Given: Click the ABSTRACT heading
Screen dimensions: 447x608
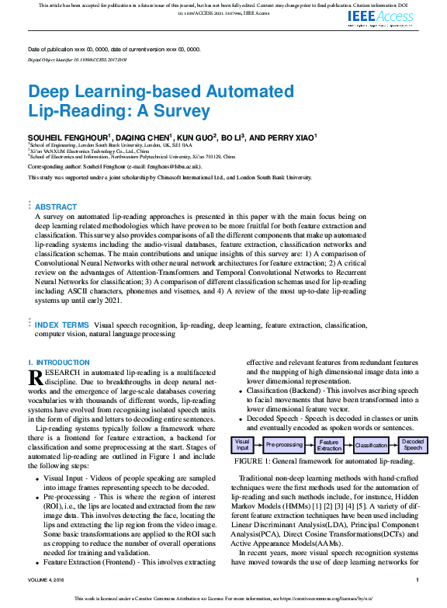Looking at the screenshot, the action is (56, 207).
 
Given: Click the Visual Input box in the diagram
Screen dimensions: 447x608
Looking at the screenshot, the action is (242, 446).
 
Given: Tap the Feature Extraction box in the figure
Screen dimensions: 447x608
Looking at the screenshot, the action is (329, 446).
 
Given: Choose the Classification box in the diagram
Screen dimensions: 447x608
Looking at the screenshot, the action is (371, 446).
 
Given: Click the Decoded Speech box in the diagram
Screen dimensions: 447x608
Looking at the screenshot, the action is (413, 446).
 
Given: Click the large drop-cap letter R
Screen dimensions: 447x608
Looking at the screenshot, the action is (35, 377).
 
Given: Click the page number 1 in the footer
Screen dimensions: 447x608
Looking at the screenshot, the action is (417, 579).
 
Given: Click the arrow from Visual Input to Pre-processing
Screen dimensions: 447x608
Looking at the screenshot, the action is (258, 446).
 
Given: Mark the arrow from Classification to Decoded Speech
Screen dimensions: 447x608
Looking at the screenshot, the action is (393, 446).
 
